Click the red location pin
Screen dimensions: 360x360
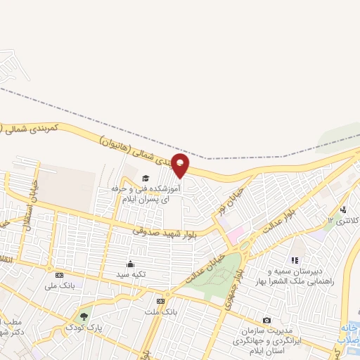tap(181, 165)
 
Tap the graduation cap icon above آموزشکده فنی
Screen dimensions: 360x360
tap(146, 178)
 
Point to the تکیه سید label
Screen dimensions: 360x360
tap(130, 274)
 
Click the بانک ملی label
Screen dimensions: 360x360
tap(59, 285)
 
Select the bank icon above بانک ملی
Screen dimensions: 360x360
tap(59, 275)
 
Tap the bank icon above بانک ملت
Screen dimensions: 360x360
tap(161, 300)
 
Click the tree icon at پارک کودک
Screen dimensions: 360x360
tap(85, 317)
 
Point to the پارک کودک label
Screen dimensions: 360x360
tap(84, 328)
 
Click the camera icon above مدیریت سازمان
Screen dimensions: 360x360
tap(266, 320)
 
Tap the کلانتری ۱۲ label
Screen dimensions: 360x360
tap(342, 221)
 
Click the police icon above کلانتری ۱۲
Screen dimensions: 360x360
tap(343, 210)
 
